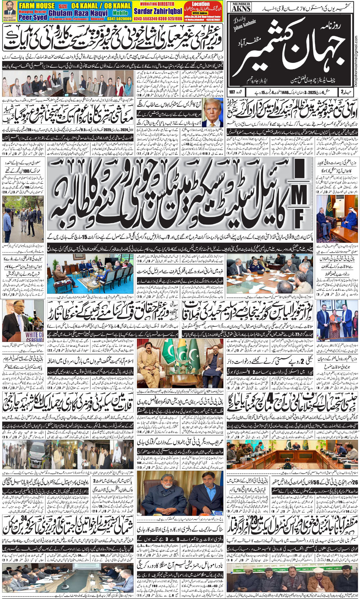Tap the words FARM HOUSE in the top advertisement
point(36,6)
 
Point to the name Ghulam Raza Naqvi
point(78,13)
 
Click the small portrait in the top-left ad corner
point(8,9)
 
